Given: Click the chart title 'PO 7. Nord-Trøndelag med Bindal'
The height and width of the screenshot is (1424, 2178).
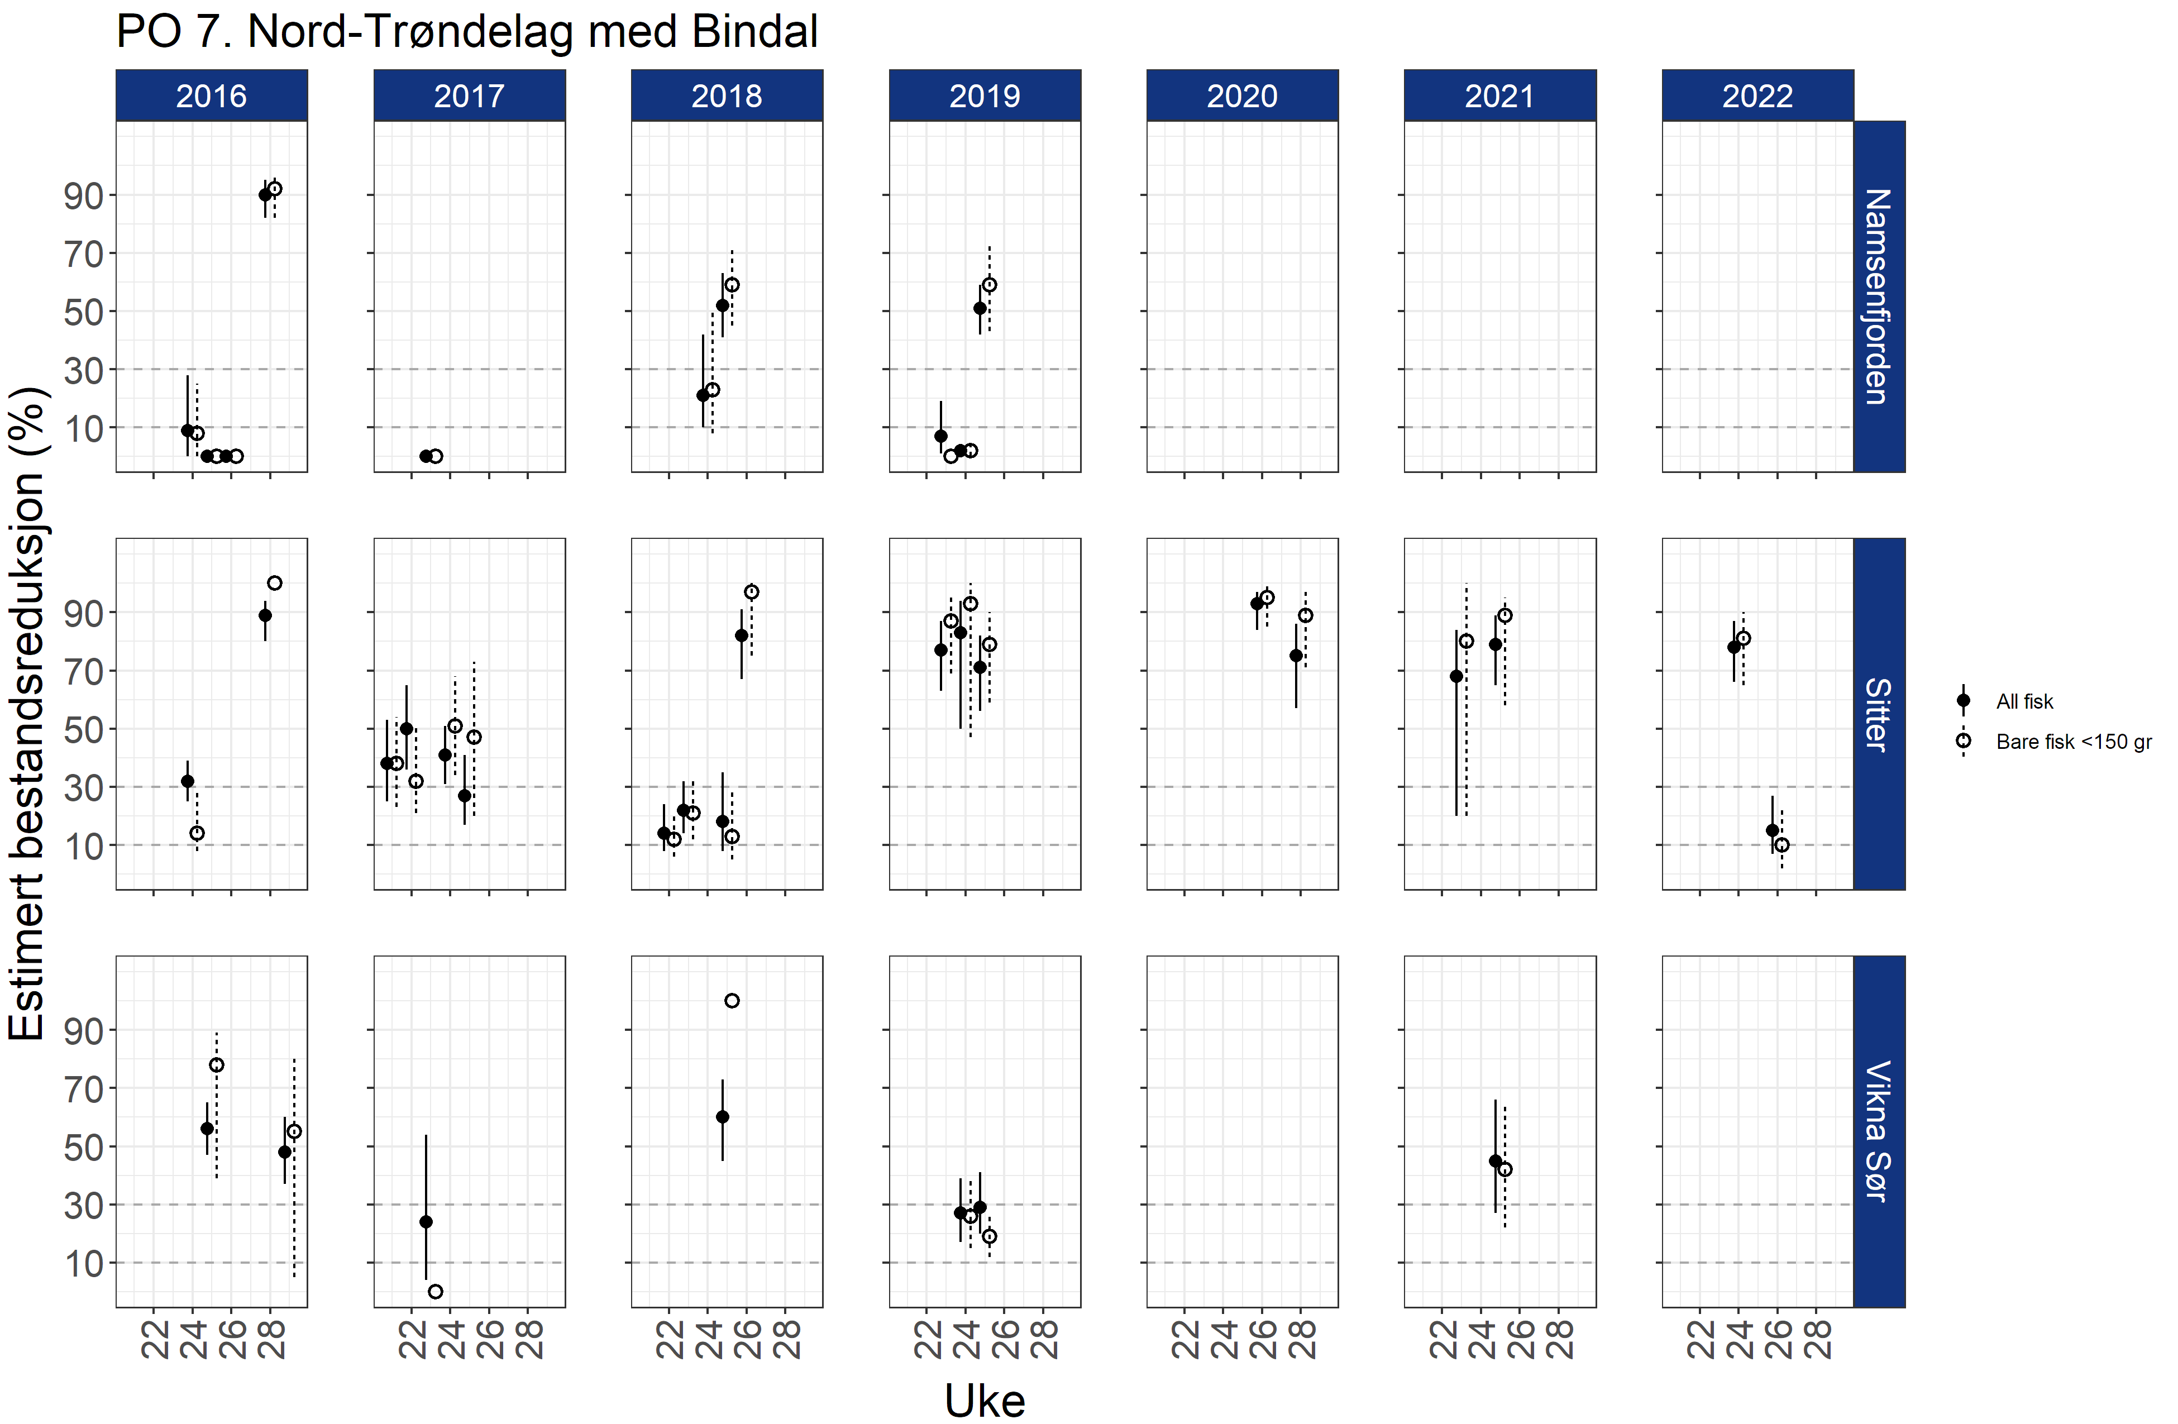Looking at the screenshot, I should [467, 32].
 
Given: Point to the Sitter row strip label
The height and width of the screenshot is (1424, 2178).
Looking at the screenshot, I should [1878, 714].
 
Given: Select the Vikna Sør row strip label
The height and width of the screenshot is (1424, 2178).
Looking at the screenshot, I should [1878, 1131].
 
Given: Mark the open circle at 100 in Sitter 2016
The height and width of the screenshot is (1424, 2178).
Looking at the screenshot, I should [275, 583].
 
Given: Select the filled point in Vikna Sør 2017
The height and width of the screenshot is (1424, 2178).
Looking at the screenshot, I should [426, 1222].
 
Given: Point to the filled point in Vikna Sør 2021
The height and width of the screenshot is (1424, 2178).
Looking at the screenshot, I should [1496, 1160].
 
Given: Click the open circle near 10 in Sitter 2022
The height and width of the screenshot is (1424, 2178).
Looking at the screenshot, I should [1781, 845].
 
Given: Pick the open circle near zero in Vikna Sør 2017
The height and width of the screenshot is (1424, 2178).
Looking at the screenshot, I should [436, 1291].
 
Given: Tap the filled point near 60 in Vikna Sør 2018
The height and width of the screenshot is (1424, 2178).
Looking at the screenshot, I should [722, 1116].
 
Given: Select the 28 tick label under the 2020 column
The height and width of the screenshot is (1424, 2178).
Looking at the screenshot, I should [1302, 1339].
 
